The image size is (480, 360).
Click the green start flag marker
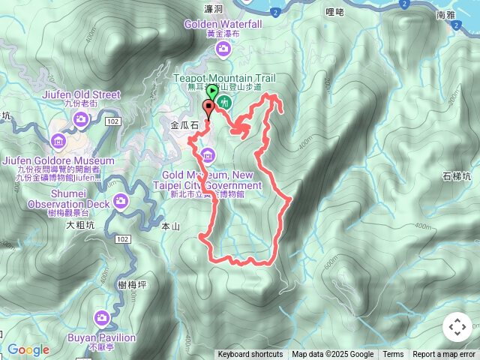coord(213,93)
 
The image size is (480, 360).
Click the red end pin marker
coord(208,106)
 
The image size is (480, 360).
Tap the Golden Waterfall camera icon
coord(223,49)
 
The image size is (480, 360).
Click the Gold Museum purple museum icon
coord(208,156)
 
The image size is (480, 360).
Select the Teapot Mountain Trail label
coord(224,78)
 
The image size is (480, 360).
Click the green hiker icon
coord(224,103)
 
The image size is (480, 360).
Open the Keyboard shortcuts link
coord(250,355)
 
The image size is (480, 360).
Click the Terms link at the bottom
coord(393,355)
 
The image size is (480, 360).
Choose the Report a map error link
coord(444,355)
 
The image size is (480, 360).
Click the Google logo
coord(28,349)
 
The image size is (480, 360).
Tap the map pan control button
coord(457,327)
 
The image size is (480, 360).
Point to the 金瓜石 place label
coord(184,127)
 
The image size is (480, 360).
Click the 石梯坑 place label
coord(457,177)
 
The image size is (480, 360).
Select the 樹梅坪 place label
coord(132,285)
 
